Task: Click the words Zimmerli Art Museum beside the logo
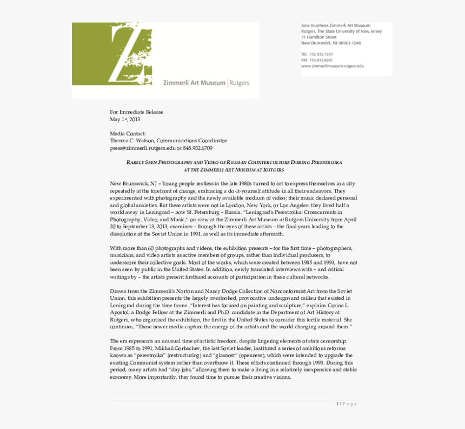pyautogui.click(x=194, y=83)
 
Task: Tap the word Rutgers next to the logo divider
pyautogui.click(x=240, y=83)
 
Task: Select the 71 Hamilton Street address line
pyautogui.click(x=319, y=37)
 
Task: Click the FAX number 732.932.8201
pyautogui.click(x=321, y=60)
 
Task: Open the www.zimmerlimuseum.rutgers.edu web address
pyautogui.click(x=333, y=66)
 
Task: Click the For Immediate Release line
pyautogui.click(x=136, y=112)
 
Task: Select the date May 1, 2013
pyautogui.click(x=125, y=119)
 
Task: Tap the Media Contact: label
pyautogui.click(x=128, y=134)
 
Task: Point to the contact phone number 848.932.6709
pyautogui.click(x=197, y=148)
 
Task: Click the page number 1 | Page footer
pyautogui.click(x=347, y=404)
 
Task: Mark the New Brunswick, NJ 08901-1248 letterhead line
pyautogui.click(x=331, y=43)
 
